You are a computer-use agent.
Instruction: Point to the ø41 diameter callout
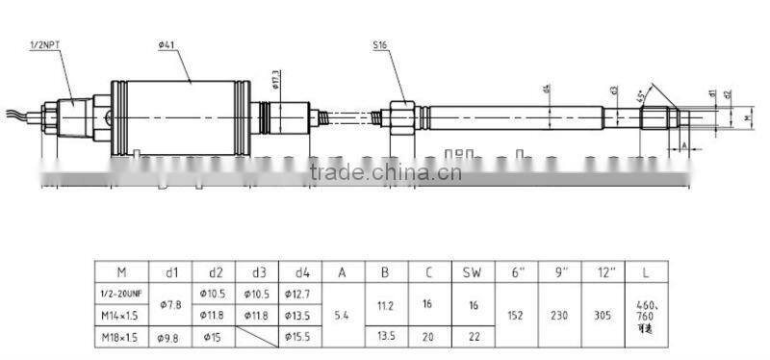pyautogui.click(x=168, y=45)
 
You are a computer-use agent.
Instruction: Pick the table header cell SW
pyautogui.click(x=472, y=271)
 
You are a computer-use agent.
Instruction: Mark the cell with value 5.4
pyautogui.click(x=342, y=314)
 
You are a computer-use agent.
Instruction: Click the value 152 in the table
pyautogui.click(x=514, y=314)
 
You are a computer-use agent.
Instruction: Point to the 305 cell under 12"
pyautogui.click(x=605, y=314)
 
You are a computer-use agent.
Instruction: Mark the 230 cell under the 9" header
pyautogui.click(x=559, y=314)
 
